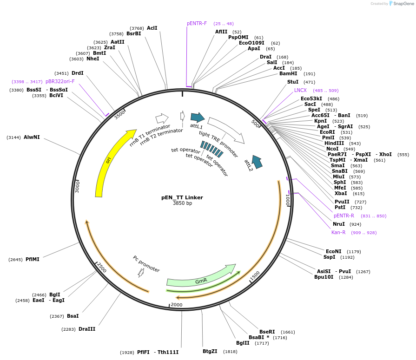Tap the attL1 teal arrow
(198, 118)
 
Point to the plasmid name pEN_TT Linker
(182, 197)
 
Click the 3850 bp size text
(182, 203)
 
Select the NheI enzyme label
(92, 59)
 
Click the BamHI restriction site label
(288, 74)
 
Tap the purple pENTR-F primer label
(197, 24)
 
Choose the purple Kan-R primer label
(338, 233)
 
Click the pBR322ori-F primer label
(60, 82)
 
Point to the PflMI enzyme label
(33, 260)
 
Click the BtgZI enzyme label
(210, 352)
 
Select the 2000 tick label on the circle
(177, 305)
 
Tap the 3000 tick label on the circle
(78, 187)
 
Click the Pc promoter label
(146, 264)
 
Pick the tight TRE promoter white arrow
(226, 130)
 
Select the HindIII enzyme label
(334, 144)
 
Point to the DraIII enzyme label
(87, 329)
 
